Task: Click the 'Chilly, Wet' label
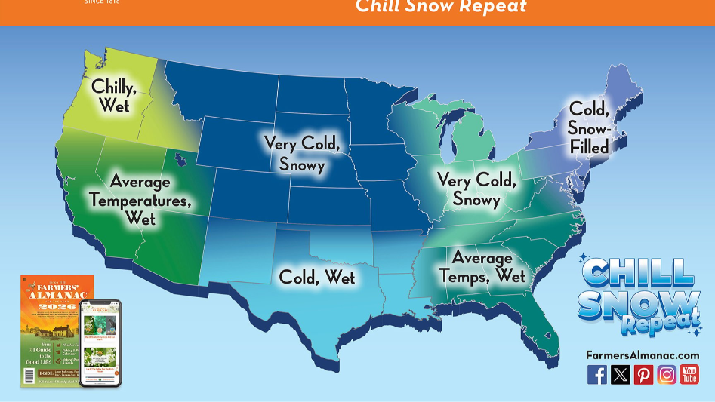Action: click(114, 96)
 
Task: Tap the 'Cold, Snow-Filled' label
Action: click(589, 127)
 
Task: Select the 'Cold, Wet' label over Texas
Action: click(317, 277)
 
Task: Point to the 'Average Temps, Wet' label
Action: click(482, 267)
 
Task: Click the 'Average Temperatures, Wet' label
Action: click(140, 200)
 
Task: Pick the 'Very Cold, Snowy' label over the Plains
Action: click(302, 153)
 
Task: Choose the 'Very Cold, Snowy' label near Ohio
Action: click(476, 189)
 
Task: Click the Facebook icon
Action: click(597, 374)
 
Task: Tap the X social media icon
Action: click(621, 374)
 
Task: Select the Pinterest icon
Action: click(643, 374)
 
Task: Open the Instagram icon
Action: click(667, 374)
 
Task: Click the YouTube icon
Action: click(689, 374)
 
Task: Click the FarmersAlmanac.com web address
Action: click(643, 354)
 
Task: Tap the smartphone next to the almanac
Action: click(100, 343)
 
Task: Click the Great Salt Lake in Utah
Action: click(180, 161)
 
